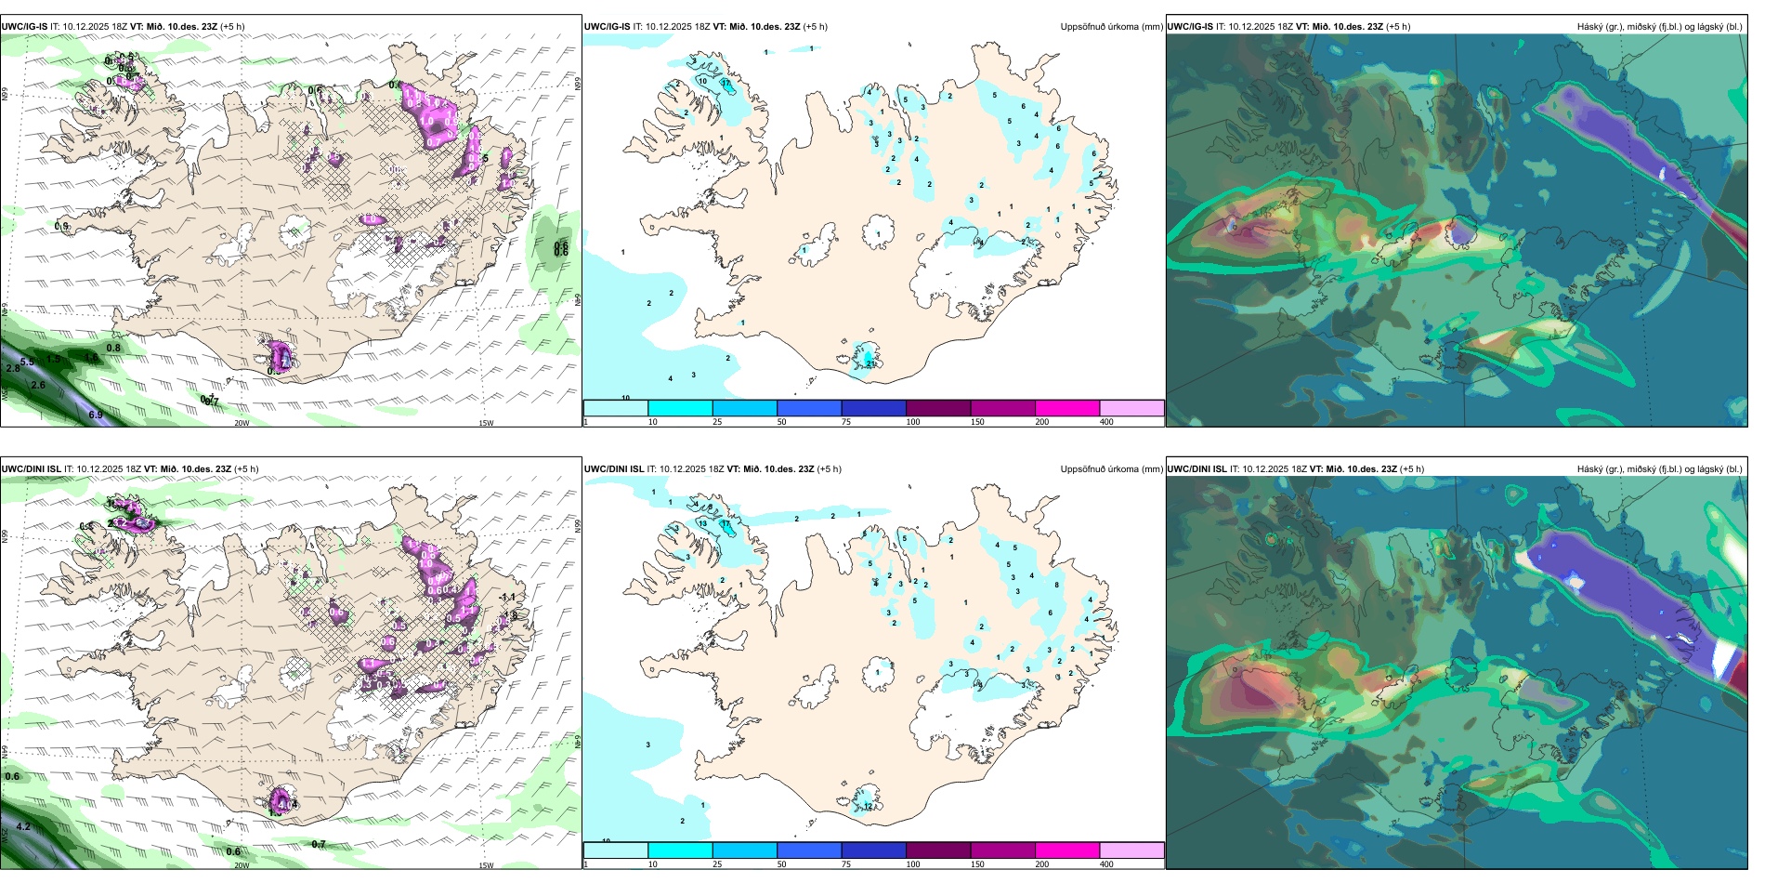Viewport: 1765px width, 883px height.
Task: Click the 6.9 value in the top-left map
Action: click(x=96, y=415)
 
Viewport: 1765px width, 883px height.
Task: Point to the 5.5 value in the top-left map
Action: click(x=27, y=362)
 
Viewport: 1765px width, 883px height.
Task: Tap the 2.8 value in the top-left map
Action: click(x=13, y=369)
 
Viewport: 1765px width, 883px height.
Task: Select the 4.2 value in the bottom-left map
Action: click(x=24, y=826)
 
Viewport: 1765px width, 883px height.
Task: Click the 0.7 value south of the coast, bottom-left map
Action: click(x=319, y=845)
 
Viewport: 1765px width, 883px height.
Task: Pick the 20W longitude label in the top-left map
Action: click(x=242, y=423)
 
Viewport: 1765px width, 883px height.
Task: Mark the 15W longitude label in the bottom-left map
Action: click(x=486, y=865)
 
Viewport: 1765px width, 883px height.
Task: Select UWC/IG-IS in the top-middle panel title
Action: click(x=607, y=27)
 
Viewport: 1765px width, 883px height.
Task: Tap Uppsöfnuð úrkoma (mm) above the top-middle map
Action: click(x=1111, y=27)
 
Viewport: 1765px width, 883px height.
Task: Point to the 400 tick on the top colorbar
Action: click(x=1106, y=422)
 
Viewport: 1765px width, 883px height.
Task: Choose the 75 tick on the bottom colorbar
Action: click(x=845, y=864)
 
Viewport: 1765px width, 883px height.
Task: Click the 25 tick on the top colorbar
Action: click(x=717, y=422)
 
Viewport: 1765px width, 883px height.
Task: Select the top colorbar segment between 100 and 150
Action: click(x=938, y=408)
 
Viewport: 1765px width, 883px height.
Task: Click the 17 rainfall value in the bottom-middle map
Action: click(x=726, y=526)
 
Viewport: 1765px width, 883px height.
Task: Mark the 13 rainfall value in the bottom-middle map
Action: click(x=703, y=523)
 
